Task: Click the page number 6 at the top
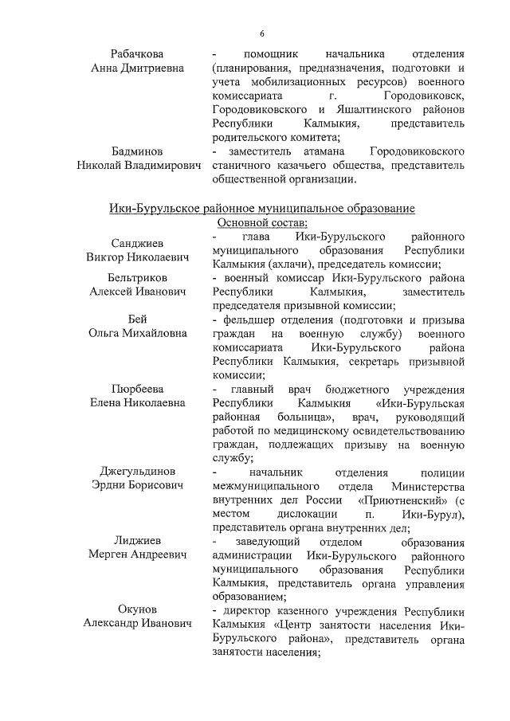coord(261,33)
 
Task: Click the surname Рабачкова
coord(137,53)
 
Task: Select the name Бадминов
coord(137,151)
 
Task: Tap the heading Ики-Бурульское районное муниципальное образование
coord(262,209)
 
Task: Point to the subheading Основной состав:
coord(264,223)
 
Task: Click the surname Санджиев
coord(137,244)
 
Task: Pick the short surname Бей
coord(137,319)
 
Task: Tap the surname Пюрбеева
coord(137,389)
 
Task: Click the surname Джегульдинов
coord(137,472)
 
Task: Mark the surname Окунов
coord(137,611)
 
